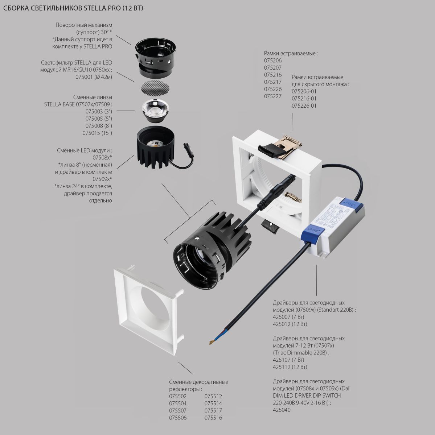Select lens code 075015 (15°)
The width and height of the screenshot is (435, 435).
97,133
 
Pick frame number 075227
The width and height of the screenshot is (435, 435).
273,96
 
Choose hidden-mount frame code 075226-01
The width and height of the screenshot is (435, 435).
304,106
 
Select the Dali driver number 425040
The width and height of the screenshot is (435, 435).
282,410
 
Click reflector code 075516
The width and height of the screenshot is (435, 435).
213,418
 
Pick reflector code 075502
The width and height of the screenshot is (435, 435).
178,396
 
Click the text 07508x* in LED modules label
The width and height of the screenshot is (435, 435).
102,158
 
